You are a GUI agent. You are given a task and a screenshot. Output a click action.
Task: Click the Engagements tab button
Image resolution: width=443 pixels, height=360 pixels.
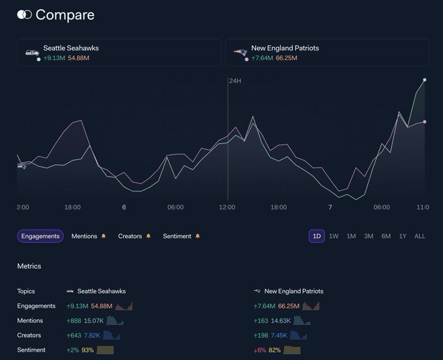pyautogui.click(x=40, y=236)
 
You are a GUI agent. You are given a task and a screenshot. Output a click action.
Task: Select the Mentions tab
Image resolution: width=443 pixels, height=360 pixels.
pyautogui.click(x=85, y=236)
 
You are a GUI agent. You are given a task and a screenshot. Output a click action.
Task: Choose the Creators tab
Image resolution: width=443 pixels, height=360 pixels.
pyautogui.click(x=130, y=236)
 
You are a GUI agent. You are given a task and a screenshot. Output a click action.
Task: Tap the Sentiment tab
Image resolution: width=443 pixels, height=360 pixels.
pyautogui.click(x=178, y=236)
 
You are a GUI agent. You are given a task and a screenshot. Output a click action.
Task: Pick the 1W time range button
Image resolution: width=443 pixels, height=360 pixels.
pyautogui.click(x=334, y=236)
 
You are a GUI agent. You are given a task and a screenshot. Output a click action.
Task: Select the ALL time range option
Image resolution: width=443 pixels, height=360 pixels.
pyautogui.click(x=420, y=236)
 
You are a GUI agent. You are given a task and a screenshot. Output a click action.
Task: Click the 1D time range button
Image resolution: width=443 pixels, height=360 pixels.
pyautogui.click(x=317, y=236)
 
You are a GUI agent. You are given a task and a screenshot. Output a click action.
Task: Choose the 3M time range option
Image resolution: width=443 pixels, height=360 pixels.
pyautogui.click(x=369, y=236)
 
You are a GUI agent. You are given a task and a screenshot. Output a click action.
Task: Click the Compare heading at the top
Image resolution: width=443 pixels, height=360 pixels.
pyautogui.click(x=64, y=14)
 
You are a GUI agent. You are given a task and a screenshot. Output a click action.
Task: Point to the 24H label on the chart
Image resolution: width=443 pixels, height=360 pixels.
pyautogui.click(x=235, y=81)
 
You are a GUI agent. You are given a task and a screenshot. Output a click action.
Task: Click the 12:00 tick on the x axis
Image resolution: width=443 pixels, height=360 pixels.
pyautogui.click(x=227, y=207)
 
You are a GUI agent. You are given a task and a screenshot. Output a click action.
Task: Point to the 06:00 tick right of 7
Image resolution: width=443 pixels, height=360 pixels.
pyautogui.click(x=382, y=207)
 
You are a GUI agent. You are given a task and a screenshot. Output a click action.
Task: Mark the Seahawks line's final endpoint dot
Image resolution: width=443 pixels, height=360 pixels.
pyautogui.click(x=425, y=80)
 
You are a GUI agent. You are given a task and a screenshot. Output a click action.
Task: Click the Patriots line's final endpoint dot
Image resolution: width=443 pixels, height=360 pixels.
pyautogui.click(x=425, y=121)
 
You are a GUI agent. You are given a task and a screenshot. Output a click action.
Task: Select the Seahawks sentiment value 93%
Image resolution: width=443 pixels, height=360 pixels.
pyautogui.click(x=87, y=350)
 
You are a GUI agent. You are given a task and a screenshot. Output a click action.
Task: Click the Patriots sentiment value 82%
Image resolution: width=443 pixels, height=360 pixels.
pyautogui.click(x=275, y=350)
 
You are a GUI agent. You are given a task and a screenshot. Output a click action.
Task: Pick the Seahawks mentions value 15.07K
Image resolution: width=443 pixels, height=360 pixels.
pyautogui.click(x=94, y=321)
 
